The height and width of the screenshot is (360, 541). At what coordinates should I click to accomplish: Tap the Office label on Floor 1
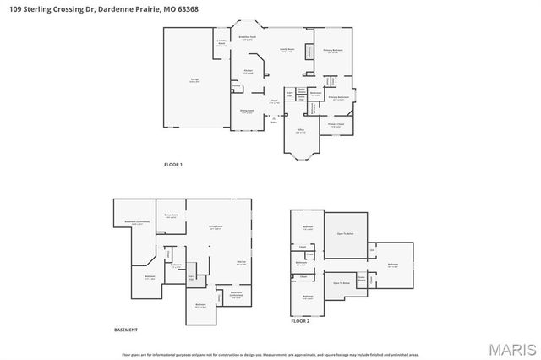[x=300, y=131]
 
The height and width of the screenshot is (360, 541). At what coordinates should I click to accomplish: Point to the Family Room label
[x=287, y=50]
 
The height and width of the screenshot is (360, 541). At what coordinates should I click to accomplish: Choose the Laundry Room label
[x=221, y=43]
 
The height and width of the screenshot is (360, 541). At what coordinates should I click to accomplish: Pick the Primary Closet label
[x=335, y=126]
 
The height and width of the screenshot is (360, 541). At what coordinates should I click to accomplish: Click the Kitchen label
[x=249, y=71]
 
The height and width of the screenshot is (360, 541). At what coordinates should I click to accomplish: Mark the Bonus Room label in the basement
[x=171, y=216]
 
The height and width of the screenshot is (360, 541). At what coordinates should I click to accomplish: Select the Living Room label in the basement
[x=216, y=227]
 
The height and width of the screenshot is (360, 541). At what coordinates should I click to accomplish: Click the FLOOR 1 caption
[x=172, y=164]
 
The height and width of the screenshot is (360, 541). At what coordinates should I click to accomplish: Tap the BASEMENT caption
[x=125, y=330]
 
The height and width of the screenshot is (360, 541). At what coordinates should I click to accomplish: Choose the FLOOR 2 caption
[x=300, y=322]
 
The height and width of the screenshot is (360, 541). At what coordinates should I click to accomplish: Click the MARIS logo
[x=511, y=348]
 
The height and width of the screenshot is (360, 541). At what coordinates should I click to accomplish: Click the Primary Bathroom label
[x=339, y=98]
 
